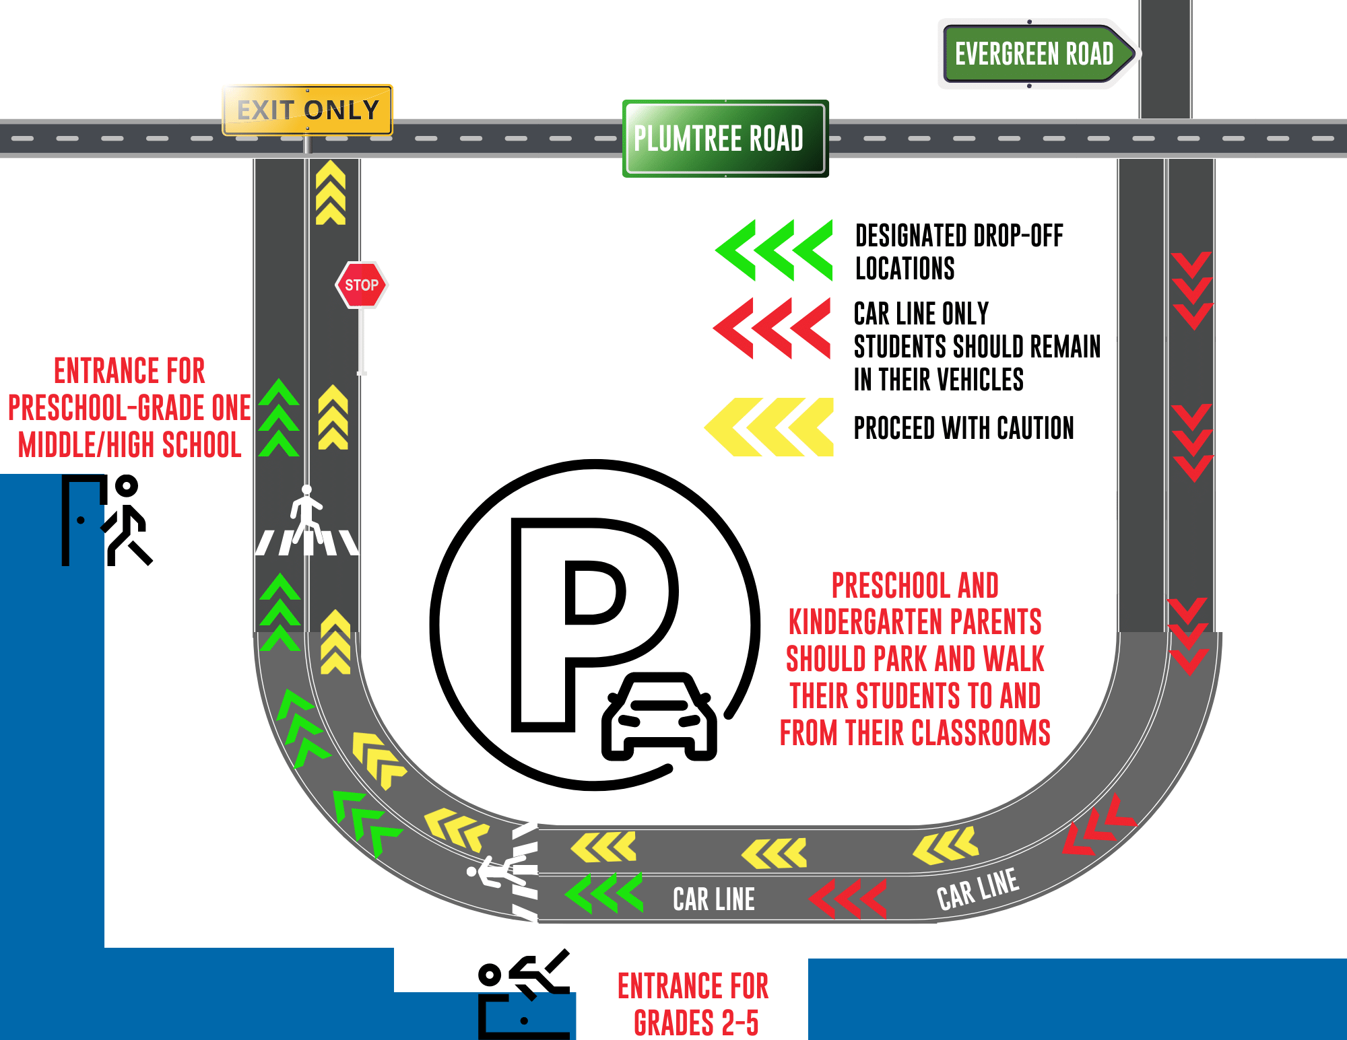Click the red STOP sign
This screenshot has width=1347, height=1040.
362,285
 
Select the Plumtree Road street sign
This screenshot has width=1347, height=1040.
725,139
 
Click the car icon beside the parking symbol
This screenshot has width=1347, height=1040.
659,717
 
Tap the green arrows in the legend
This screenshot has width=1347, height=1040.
775,250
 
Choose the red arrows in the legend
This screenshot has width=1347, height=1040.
773,328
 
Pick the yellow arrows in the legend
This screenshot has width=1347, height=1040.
769,427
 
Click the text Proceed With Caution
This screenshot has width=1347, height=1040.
963,428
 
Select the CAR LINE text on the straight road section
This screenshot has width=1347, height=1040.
714,899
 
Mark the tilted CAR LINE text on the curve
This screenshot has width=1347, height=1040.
977,889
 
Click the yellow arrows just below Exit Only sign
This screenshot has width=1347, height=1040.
331,193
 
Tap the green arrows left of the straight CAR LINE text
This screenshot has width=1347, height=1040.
604,894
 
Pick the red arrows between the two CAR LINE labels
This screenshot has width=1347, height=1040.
847,899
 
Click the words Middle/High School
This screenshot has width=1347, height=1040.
129,445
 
